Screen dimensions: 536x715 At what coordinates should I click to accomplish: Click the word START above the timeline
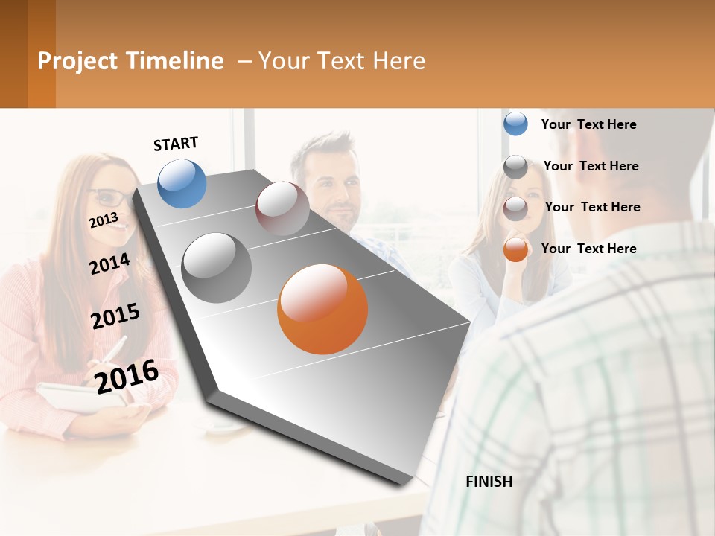point(176,144)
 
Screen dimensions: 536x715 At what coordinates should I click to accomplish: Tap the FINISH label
point(489,482)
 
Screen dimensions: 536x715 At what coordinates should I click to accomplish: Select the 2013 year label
point(104,220)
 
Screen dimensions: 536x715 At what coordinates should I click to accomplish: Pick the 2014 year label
point(109,264)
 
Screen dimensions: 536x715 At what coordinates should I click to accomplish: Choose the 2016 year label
point(127,376)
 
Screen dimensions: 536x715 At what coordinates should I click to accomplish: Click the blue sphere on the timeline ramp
point(182,183)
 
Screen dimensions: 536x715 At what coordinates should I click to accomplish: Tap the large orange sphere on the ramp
point(322,309)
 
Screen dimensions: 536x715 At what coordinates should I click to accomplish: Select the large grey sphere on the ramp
point(217,268)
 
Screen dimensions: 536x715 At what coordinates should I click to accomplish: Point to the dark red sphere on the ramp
point(282,208)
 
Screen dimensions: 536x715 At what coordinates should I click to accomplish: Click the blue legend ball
point(515,124)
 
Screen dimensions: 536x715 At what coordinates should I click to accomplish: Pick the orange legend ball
point(515,249)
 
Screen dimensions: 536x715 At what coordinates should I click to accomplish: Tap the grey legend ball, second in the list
point(515,167)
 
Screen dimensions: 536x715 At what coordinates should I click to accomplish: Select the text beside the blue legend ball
point(588,124)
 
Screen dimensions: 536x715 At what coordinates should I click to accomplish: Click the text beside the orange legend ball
point(588,249)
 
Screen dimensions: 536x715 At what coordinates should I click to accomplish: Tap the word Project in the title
point(78,61)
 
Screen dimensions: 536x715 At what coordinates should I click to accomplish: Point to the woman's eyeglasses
point(110,198)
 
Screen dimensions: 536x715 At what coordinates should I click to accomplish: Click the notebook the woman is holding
point(74,398)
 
